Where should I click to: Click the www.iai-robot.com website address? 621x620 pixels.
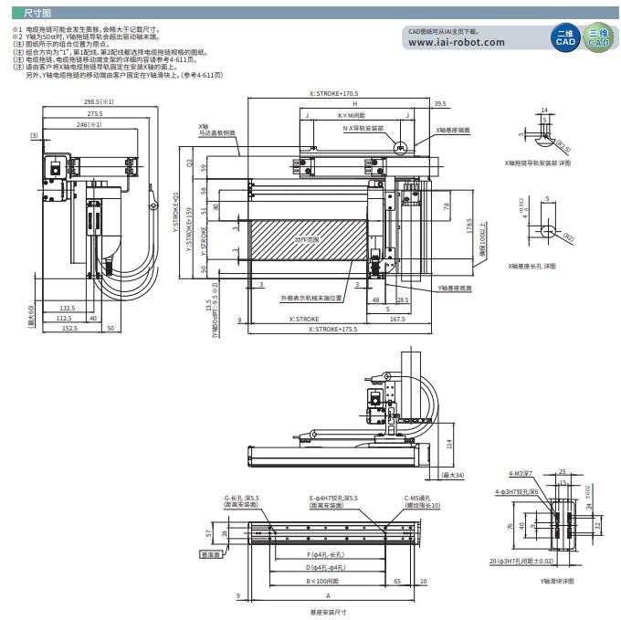457,42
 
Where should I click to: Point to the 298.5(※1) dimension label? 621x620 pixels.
98,102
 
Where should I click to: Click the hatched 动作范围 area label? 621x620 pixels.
307,240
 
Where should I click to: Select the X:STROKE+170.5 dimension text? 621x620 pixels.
333,93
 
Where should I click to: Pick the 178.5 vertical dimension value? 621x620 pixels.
468,226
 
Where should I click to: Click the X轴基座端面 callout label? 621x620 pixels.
454,131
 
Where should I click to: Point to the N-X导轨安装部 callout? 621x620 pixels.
363,129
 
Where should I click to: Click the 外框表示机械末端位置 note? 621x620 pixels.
311,298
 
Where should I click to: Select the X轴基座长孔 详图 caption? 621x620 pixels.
538,265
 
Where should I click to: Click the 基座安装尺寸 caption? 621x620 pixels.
328,612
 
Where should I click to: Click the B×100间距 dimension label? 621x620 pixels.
321,581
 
